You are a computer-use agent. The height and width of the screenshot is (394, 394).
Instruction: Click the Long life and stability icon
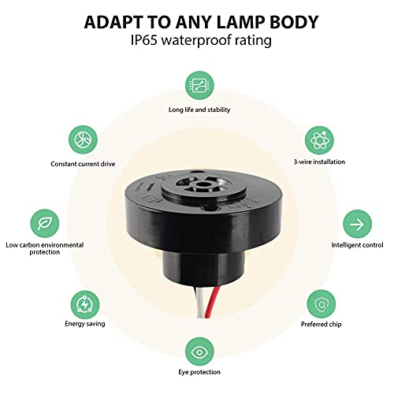pyautogui.click(x=198, y=84)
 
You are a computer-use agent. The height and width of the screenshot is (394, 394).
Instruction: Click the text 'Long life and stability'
pyautogui.click(x=198, y=110)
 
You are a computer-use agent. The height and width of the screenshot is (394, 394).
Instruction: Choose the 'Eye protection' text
pyautogui.click(x=198, y=371)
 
